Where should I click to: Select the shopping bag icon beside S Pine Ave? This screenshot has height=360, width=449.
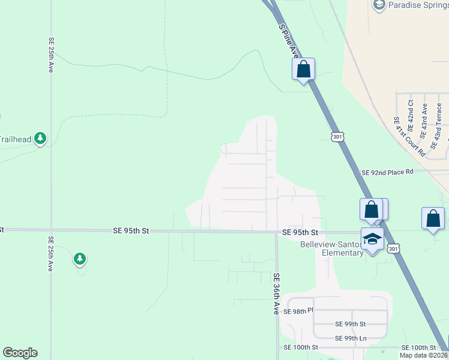304,69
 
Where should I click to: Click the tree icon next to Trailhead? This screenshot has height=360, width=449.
40,139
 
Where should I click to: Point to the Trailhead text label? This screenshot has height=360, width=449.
15,139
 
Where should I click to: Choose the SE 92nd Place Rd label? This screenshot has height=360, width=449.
388,172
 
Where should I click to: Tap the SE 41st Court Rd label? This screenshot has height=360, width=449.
409,136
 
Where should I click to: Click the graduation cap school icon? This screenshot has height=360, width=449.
372,239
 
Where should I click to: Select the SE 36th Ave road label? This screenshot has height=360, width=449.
277,294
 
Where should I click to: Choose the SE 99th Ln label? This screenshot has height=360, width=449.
351,339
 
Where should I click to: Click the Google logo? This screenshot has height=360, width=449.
20,353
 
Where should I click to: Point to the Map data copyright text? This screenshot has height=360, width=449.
424,355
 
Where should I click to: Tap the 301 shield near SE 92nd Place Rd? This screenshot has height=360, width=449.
337,137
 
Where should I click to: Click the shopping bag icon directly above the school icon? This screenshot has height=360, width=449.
372,209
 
